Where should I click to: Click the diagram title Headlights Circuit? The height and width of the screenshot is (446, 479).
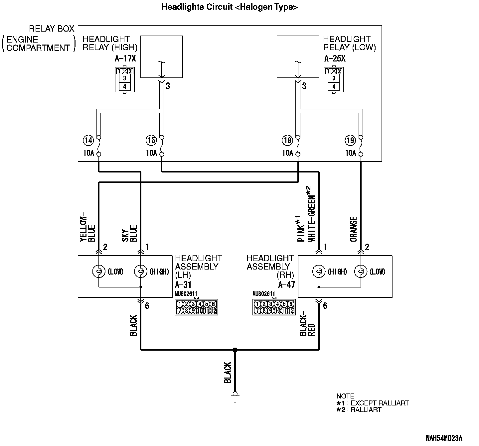click(230, 7)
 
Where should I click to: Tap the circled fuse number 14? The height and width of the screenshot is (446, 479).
click(88, 141)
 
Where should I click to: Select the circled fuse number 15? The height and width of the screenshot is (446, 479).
click(151, 141)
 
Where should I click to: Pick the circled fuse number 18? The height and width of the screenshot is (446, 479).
click(287, 141)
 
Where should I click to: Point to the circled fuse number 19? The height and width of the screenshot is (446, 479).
click(350, 141)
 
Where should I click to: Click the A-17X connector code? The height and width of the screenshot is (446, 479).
click(125, 59)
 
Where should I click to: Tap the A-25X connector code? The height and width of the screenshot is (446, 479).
click(335, 59)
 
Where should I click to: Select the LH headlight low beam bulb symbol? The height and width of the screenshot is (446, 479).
click(98, 272)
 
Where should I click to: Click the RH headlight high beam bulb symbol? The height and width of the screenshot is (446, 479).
click(319, 272)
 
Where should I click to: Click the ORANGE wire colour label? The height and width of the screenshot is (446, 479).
click(353, 229)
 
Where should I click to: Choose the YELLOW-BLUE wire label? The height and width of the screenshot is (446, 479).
click(87, 229)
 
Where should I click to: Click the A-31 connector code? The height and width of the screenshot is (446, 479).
click(183, 284)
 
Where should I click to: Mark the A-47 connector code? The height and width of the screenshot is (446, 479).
click(286, 284)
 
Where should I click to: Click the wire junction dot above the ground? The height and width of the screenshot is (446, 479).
click(235, 350)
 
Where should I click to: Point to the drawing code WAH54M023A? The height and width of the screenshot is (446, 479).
click(444, 438)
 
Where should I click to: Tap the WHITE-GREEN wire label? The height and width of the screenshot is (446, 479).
click(312, 214)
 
